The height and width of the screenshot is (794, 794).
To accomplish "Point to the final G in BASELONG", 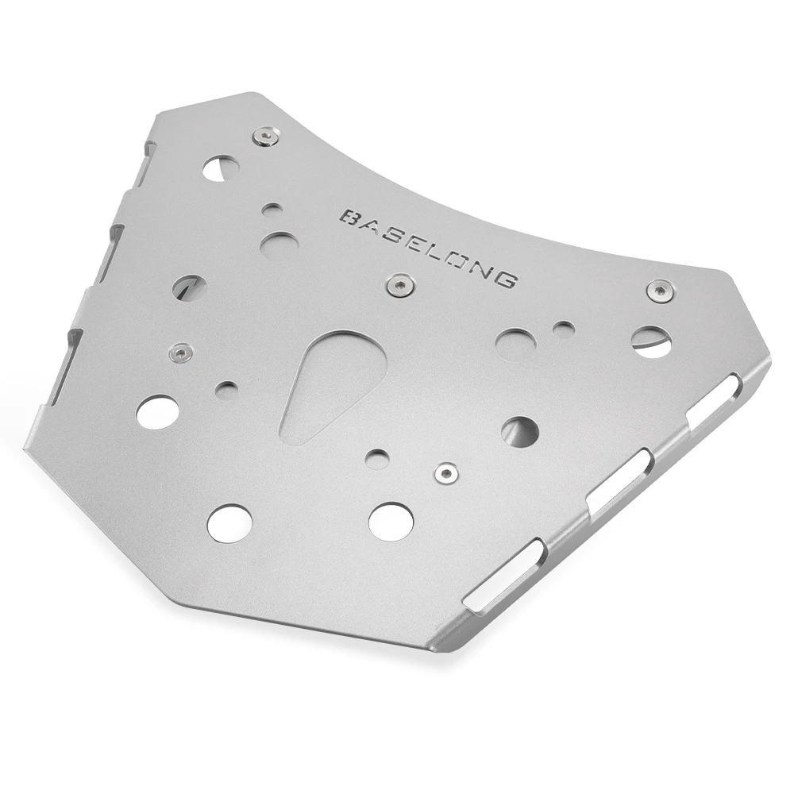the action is tap(506, 279).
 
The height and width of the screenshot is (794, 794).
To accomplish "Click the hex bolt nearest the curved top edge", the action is tap(265, 136).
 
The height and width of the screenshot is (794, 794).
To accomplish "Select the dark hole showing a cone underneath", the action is tap(519, 432).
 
